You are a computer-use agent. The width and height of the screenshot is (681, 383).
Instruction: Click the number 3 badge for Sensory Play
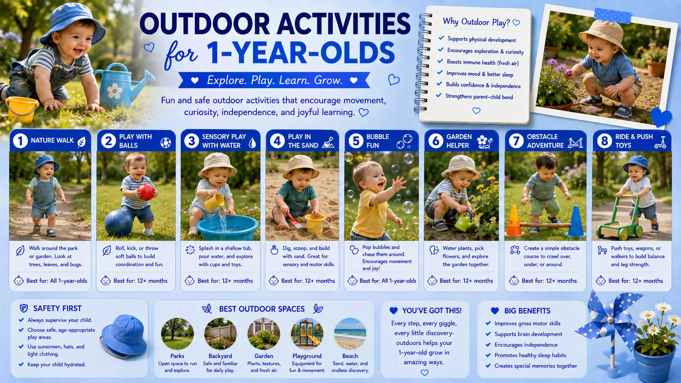pos(191,141)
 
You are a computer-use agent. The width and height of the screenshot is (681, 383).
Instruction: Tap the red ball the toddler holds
pos(146,192)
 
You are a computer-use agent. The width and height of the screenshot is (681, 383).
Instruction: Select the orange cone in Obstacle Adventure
pos(514,221)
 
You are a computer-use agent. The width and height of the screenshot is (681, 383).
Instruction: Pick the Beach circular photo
pos(350,334)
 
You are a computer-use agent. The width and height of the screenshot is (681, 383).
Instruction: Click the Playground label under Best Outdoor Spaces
pos(307,356)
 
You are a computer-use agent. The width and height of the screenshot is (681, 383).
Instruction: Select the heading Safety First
pos(57,309)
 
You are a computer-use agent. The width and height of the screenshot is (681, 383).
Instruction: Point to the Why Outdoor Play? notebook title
pos(476,22)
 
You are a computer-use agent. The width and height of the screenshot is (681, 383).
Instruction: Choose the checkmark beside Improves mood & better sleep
pos(439,72)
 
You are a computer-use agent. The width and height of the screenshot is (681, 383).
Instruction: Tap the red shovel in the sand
pos(294,220)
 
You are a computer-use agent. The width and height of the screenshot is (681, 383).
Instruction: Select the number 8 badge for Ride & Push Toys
pos(604,141)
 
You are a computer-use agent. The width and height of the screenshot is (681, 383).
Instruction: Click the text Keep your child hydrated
pos(57,364)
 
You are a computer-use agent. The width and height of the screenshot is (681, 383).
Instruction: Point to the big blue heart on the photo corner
pos(661,117)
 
